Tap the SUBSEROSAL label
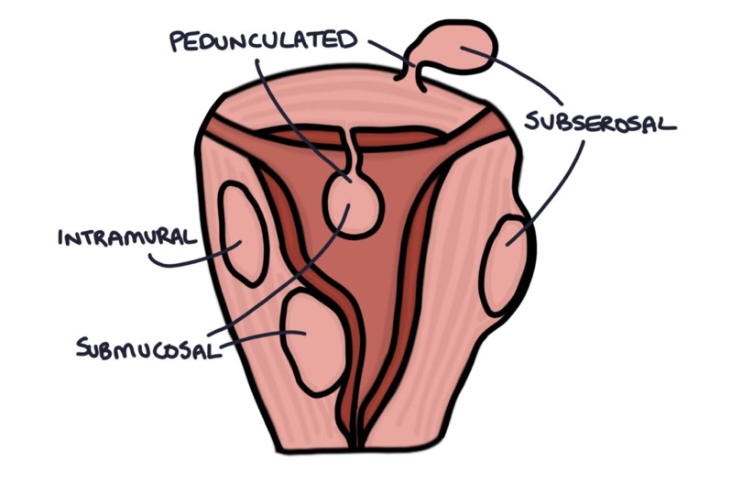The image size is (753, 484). (x=602, y=121)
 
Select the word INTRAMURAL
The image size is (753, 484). (x=125, y=238)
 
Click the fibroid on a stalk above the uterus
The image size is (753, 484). (x=458, y=51)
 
